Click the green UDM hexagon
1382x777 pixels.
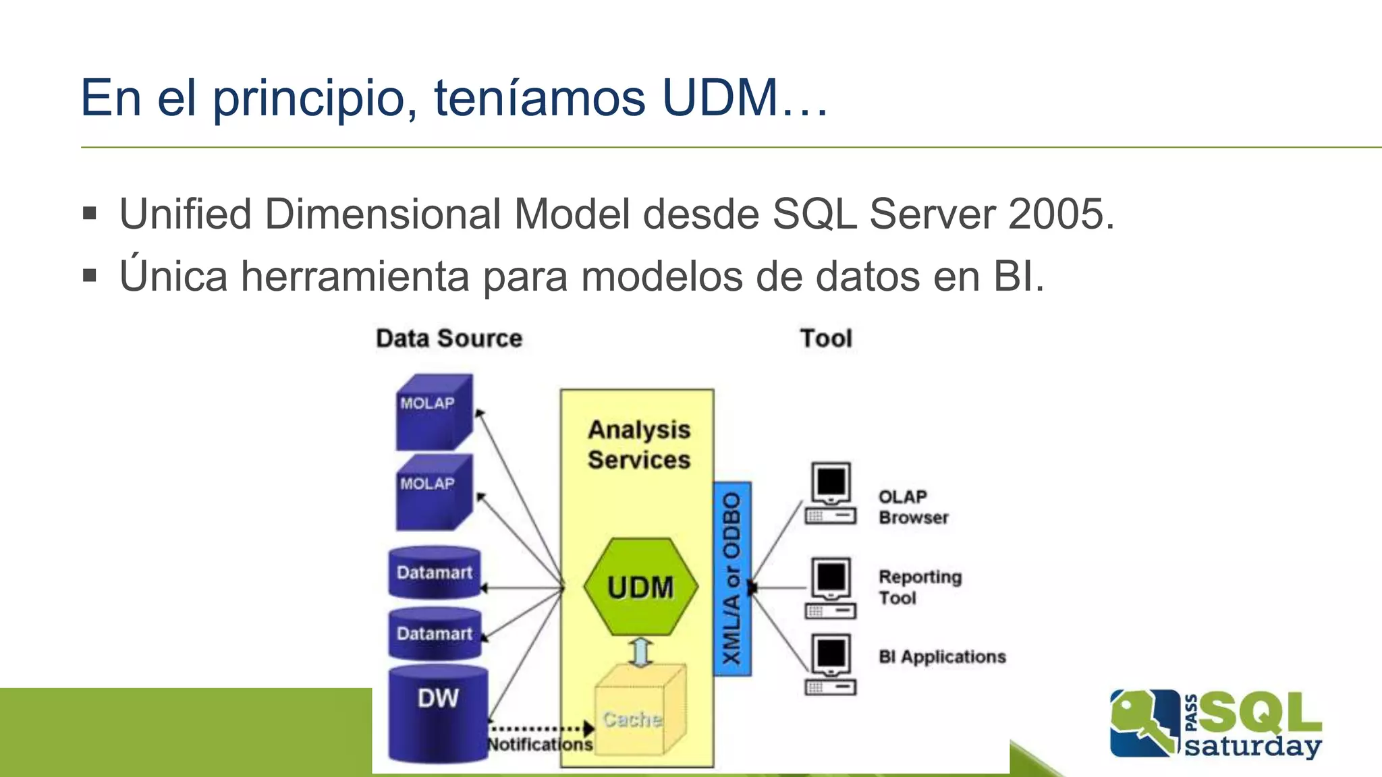coord(640,587)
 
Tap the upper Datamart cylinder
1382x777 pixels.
coord(435,573)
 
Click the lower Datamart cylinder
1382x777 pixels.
coord(435,634)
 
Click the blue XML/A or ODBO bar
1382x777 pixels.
coord(732,579)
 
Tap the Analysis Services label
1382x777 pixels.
coord(638,444)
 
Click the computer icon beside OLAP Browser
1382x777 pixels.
coord(831,493)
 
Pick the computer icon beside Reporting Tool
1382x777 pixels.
coord(831,587)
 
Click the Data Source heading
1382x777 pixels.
coord(449,339)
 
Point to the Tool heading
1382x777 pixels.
coord(826,339)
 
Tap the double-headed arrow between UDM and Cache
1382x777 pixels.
coord(640,652)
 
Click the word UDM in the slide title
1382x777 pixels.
coord(721,98)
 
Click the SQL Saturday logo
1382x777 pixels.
coord(1215,724)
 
